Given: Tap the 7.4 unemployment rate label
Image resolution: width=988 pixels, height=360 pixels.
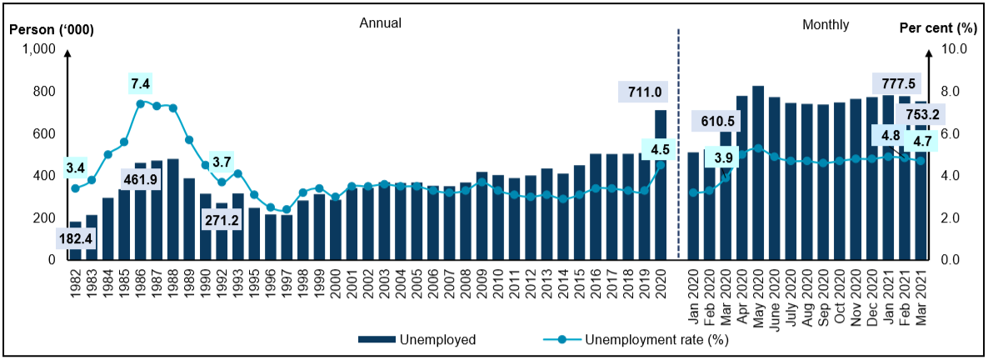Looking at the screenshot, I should point(141,83).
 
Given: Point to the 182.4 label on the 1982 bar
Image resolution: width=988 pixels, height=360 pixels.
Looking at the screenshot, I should point(75,238).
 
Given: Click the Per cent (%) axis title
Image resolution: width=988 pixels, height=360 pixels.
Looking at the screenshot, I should point(938,28).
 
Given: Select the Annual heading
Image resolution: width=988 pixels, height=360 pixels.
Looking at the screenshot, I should point(380,23).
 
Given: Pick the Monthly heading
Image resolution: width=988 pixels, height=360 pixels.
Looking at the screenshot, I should point(826,24).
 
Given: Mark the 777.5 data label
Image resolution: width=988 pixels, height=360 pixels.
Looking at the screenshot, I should point(894,83).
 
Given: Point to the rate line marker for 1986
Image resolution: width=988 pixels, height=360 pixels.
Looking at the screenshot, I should point(141,103).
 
